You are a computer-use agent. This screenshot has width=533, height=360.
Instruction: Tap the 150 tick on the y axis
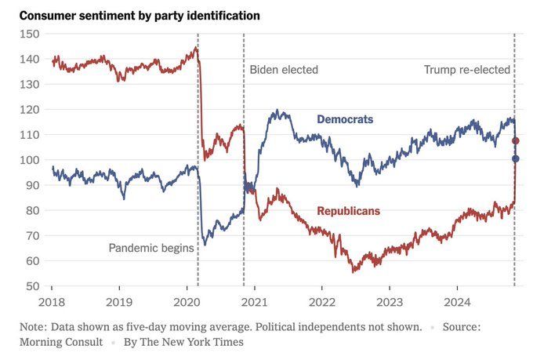[29, 34]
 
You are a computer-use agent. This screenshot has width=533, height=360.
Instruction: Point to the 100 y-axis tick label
[29, 160]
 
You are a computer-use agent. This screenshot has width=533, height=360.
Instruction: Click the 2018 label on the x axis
[52, 301]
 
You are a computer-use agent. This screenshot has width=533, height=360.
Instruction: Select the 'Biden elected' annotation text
[284, 70]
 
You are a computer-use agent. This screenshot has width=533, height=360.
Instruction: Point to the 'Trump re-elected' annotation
[467, 70]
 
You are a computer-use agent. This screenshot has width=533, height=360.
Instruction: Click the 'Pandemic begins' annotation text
[151, 249]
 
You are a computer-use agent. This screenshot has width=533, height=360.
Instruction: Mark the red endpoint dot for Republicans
[516, 141]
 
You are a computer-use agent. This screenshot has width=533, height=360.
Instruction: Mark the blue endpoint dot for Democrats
[516, 159]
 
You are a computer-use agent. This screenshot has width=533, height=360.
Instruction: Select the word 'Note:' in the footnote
[35, 325]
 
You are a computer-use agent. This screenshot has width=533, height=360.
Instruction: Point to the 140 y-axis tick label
[29, 59]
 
